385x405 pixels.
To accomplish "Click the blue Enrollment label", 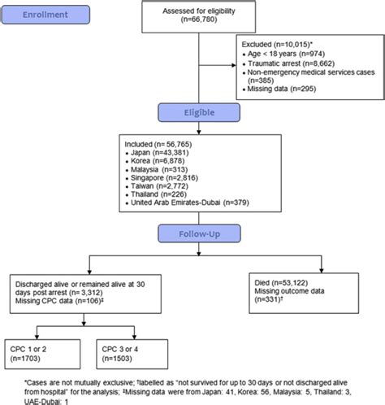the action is pos(45,15).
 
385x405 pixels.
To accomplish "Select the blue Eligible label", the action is pos(199,112).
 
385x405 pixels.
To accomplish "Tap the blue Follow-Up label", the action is pos(199,233).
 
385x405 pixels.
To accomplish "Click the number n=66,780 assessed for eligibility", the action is pos(199,20).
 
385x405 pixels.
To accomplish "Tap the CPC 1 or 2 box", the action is pos(42,354).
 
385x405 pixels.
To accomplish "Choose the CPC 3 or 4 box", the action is pos(132,354).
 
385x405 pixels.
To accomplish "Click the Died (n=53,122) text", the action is pos(281,283).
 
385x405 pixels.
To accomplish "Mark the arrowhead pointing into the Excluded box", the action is pos(234,65).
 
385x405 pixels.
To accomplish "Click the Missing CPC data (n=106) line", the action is pos(59,301).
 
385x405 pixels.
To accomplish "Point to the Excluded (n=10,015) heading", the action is pos(277,45).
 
